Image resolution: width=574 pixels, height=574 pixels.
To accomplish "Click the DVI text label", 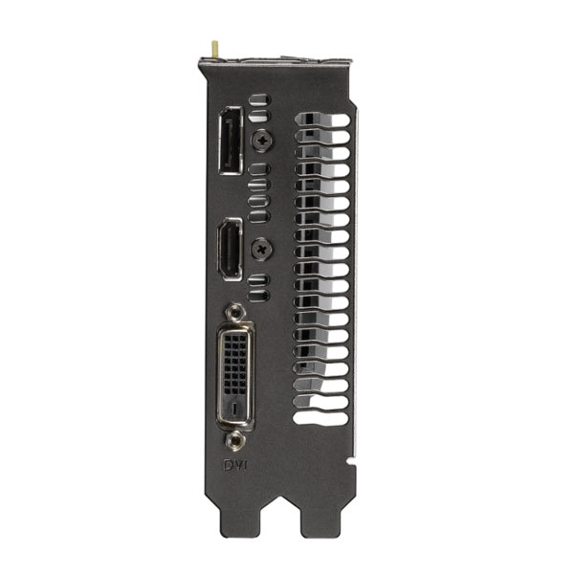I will point(233,466).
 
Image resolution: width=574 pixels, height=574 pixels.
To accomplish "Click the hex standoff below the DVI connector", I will point(232,441).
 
